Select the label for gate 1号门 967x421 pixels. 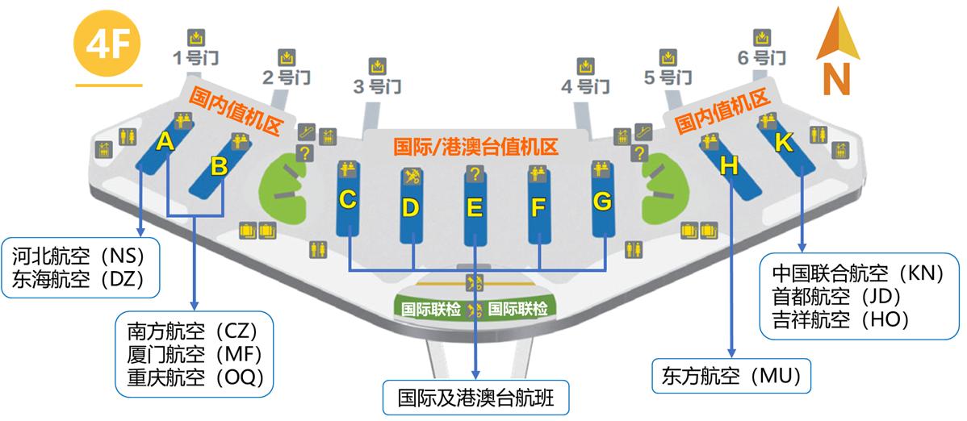click(x=195, y=57)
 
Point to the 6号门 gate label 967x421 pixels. click(x=760, y=57)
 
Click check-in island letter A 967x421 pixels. click(x=165, y=143)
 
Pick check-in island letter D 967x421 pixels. click(x=411, y=207)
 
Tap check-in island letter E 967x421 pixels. click(x=475, y=207)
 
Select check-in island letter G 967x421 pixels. click(x=602, y=201)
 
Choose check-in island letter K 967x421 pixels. click(x=783, y=144)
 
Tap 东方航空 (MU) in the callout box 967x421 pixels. click(x=730, y=376)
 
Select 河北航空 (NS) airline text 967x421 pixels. click(x=78, y=256)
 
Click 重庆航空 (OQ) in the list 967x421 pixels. click(x=195, y=377)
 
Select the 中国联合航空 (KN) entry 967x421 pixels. click(x=857, y=273)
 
